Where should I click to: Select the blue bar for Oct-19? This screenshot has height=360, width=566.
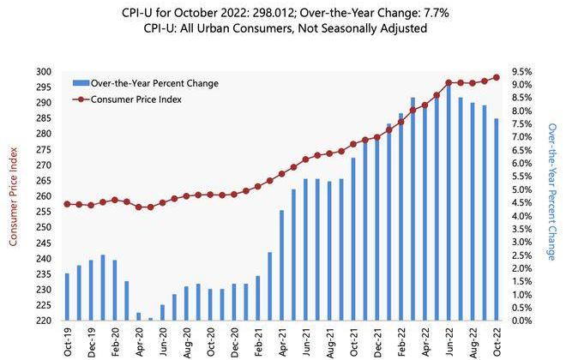point(67,297)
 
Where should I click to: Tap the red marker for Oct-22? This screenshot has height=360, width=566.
point(497,78)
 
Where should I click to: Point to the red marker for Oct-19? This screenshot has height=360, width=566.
point(67,204)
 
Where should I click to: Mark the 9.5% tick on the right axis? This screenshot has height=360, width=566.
point(523,72)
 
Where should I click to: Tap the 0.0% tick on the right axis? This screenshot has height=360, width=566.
point(523,321)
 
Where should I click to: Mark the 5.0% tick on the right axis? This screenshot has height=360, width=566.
point(523,189)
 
